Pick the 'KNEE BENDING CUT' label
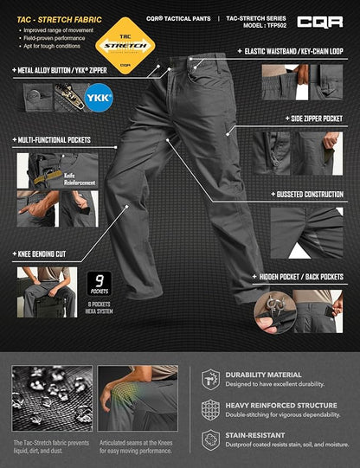45,255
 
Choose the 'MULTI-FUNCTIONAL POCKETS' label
54,138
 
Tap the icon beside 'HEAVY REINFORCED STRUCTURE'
209,409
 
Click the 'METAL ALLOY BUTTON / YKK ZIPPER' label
61,69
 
